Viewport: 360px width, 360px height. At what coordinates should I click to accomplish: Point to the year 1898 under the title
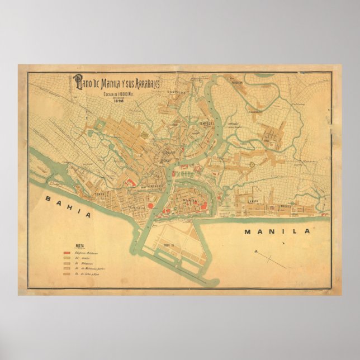(119, 100)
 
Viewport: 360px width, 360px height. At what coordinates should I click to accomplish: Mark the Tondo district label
(101, 194)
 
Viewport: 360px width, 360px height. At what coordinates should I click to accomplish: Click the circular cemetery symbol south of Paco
(252, 164)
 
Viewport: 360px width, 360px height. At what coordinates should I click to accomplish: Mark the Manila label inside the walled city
(191, 199)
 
